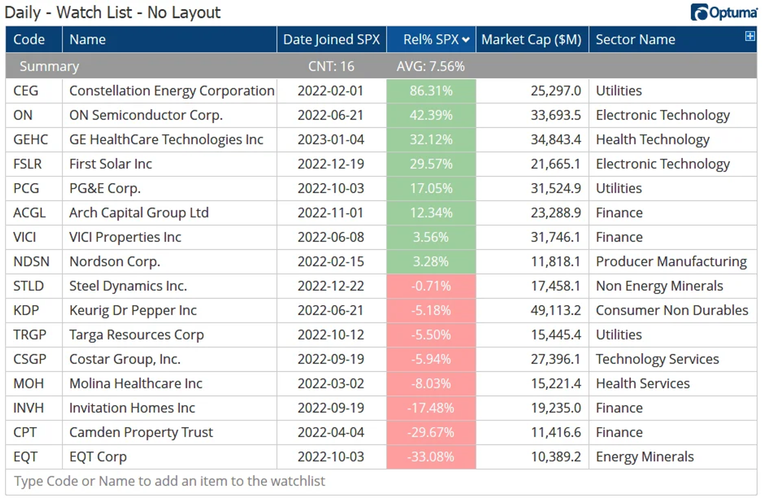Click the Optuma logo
[724, 12]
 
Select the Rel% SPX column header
[431, 40]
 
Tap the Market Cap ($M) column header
[531, 40]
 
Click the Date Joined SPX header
[331, 40]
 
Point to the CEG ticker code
[26, 91]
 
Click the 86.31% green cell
[431, 91]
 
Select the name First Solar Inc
[110, 164]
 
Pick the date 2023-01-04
[331, 140]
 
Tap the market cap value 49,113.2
[556, 311]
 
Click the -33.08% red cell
[431, 457]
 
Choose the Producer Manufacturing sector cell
[672, 262]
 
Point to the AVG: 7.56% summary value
[431, 66]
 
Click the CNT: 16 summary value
[331, 66]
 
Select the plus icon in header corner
[750, 36]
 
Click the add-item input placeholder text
[170, 481]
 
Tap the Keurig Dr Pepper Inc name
[133, 311]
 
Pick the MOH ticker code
[29, 384]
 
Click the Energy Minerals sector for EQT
[645, 457]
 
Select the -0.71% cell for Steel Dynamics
[431, 286]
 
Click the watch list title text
[112, 12]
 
